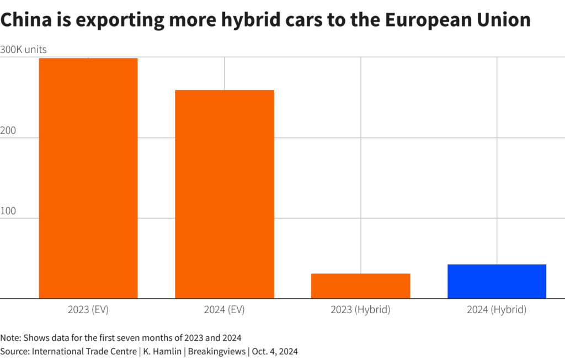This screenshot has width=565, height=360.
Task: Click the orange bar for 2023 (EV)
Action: coord(88,178)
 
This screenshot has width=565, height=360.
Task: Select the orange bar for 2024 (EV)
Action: coord(225,194)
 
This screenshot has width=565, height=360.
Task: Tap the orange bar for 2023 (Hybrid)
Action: coord(361,286)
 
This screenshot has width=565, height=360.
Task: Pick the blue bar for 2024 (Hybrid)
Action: coord(497,282)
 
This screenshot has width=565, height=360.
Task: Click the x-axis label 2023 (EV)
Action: coord(88,310)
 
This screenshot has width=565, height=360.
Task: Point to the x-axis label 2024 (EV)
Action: coord(225,310)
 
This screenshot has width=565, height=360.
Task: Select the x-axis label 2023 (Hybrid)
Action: coord(361,310)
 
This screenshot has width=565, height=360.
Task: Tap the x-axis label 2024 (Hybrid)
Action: coord(497,310)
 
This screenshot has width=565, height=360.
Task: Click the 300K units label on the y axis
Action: coord(23,50)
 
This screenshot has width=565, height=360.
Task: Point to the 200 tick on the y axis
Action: coord(8,130)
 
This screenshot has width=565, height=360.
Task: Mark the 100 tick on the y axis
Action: coord(8,211)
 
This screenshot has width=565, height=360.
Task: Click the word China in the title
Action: coord(26,19)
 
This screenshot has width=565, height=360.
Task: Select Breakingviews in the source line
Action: coord(217,352)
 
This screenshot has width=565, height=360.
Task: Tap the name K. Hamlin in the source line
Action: coord(163,351)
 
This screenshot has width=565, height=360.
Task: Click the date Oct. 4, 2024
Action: coord(275,352)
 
